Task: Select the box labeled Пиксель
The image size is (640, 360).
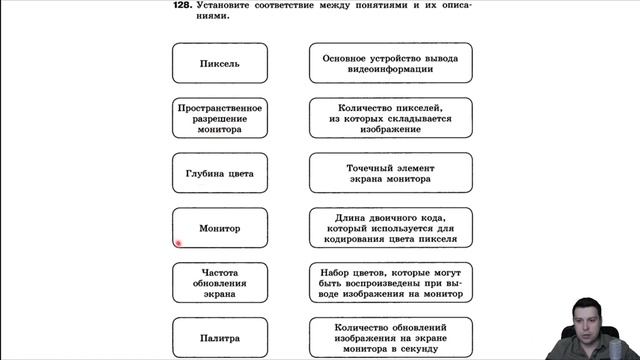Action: click(x=220, y=64)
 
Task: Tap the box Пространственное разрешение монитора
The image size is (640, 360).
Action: click(x=220, y=118)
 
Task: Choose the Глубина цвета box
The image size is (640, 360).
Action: click(x=220, y=173)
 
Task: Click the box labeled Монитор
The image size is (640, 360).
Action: click(x=220, y=228)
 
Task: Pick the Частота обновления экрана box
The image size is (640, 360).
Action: click(x=220, y=283)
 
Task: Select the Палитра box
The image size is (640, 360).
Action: click(x=220, y=338)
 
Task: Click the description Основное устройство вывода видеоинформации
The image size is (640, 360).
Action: click(x=391, y=64)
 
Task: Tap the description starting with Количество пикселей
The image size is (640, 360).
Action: click(x=391, y=118)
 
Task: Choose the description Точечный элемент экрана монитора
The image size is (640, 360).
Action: click(x=391, y=173)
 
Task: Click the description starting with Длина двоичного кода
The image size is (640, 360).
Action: click(x=391, y=228)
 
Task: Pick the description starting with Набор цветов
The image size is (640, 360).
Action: click(x=391, y=283)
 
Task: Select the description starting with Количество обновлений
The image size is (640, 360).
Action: click(x=391, y=338)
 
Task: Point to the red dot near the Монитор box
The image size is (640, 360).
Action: click(x=178, y=242)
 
